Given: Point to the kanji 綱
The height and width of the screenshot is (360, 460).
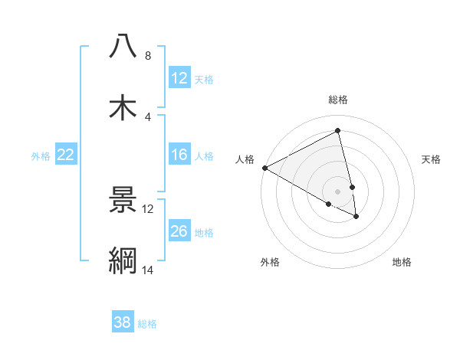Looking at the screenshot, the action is [123, 260].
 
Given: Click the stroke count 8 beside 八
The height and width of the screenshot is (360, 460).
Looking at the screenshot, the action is [147, 56].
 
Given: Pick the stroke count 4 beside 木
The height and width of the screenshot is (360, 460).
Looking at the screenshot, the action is [147, 116].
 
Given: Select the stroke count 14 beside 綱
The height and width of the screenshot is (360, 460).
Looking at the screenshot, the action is [147, 270].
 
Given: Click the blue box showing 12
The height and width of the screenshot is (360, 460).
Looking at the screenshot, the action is [179, 79].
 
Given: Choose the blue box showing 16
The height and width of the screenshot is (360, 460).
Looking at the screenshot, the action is [179, 155].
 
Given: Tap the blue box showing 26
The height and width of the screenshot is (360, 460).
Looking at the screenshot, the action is [179, 232].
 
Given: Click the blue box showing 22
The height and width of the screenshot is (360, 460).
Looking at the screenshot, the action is [66, 155].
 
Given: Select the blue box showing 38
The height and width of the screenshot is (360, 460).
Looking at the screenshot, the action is [122, 323].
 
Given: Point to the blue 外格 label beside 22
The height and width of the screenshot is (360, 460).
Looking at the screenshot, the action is [41, 156].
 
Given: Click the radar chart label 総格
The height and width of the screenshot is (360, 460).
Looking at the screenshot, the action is [338, 100].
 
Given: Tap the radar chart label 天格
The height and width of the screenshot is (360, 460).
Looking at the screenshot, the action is [432, 159].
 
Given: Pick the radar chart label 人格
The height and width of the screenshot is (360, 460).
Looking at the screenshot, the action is [245, 159].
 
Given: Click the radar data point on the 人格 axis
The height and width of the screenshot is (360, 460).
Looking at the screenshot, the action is [264, 168].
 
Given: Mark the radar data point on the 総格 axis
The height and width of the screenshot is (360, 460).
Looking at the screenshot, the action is [338, 131].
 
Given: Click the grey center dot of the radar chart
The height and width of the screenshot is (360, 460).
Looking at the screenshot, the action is [338, 191].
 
